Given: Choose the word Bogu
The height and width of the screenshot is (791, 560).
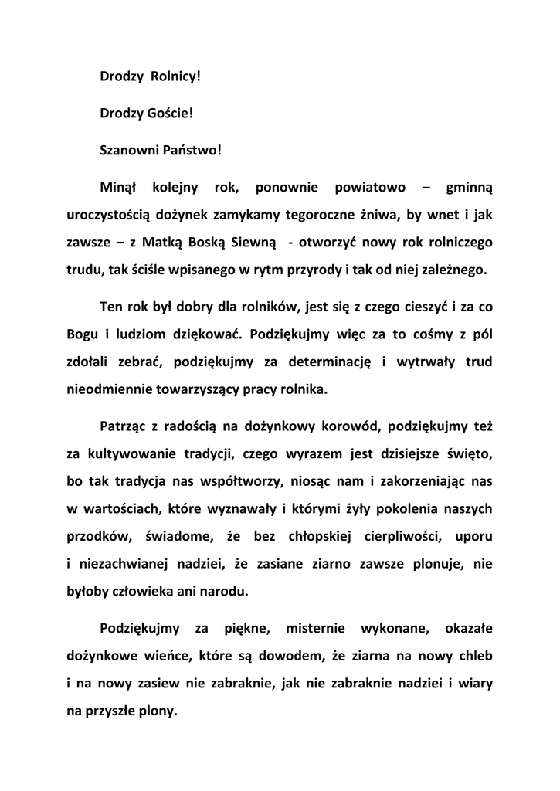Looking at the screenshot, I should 82,334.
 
